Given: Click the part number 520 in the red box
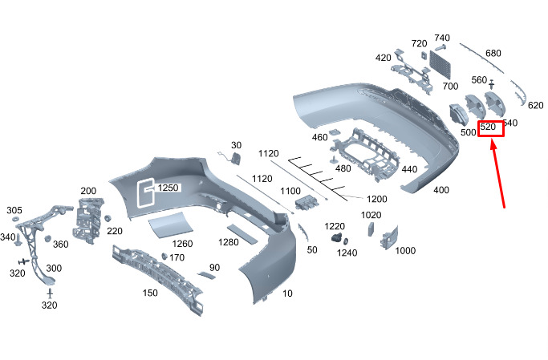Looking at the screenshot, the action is click(x=488, y=127).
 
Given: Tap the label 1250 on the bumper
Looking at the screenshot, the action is click(x=168, y=188).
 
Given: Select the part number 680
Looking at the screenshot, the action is click(x=493, y=53).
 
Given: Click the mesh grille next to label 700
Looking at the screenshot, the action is click(x=440, y=64).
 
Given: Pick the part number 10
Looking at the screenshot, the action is click(x=287, y=293).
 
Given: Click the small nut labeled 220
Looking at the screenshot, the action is click(x=108, y=218).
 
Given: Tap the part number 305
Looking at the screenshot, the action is click(x=14, y=210).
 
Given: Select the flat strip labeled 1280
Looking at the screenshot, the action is click(x=242, y=234).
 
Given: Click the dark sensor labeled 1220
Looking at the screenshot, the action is click(x=338, y=237).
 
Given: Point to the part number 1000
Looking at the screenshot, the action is click(x=405, y=250).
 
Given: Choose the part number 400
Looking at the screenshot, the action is click(x=441, y=190).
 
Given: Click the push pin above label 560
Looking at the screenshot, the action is click(x=492, y=84).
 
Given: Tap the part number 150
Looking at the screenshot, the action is click(x=150, y=293).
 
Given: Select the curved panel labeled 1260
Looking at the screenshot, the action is click(x=170, y=224).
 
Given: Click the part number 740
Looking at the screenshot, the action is click(x=442, y=38).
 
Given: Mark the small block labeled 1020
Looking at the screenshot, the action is click(x=371, y=229).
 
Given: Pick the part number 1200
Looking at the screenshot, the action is click(x=377, y=199).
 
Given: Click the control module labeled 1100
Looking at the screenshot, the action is click(x=306, y=203).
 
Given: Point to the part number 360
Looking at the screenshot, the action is click(x=60, y=244).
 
